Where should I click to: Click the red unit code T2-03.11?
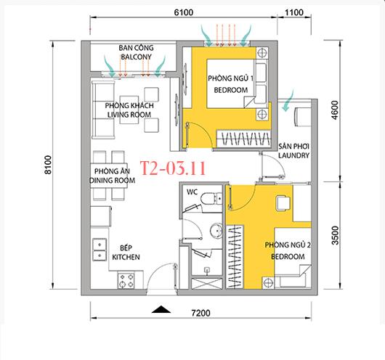(x=173, y=168)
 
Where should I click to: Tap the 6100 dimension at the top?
(x=184, y=12)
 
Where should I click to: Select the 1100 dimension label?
(x=294, y=12)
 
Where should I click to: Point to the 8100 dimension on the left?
(x=48, y=165)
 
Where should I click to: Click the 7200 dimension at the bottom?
(x=200, y=313)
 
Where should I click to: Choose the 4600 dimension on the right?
(x=335, y=110)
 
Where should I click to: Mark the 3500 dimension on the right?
(x=335, y=235)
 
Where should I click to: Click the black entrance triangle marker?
(x=161, y=310)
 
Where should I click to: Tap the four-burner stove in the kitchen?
(x=126, y=280)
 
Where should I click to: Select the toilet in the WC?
(x=211, y=198)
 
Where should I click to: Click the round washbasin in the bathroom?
(x=216, y=231)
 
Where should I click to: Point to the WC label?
(x=192, y=192)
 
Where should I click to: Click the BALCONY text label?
(x=136, y=57)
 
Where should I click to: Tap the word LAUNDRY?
(x=293, y=155)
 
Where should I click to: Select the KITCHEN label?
(x=126, y=257)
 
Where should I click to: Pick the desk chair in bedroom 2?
(x=283, y=203)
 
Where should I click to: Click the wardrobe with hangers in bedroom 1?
(x=243, y=139)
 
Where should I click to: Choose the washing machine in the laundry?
(x=303, y=117)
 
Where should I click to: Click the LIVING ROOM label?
(x=129, y=115)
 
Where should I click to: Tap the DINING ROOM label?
(x=112, y=181)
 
